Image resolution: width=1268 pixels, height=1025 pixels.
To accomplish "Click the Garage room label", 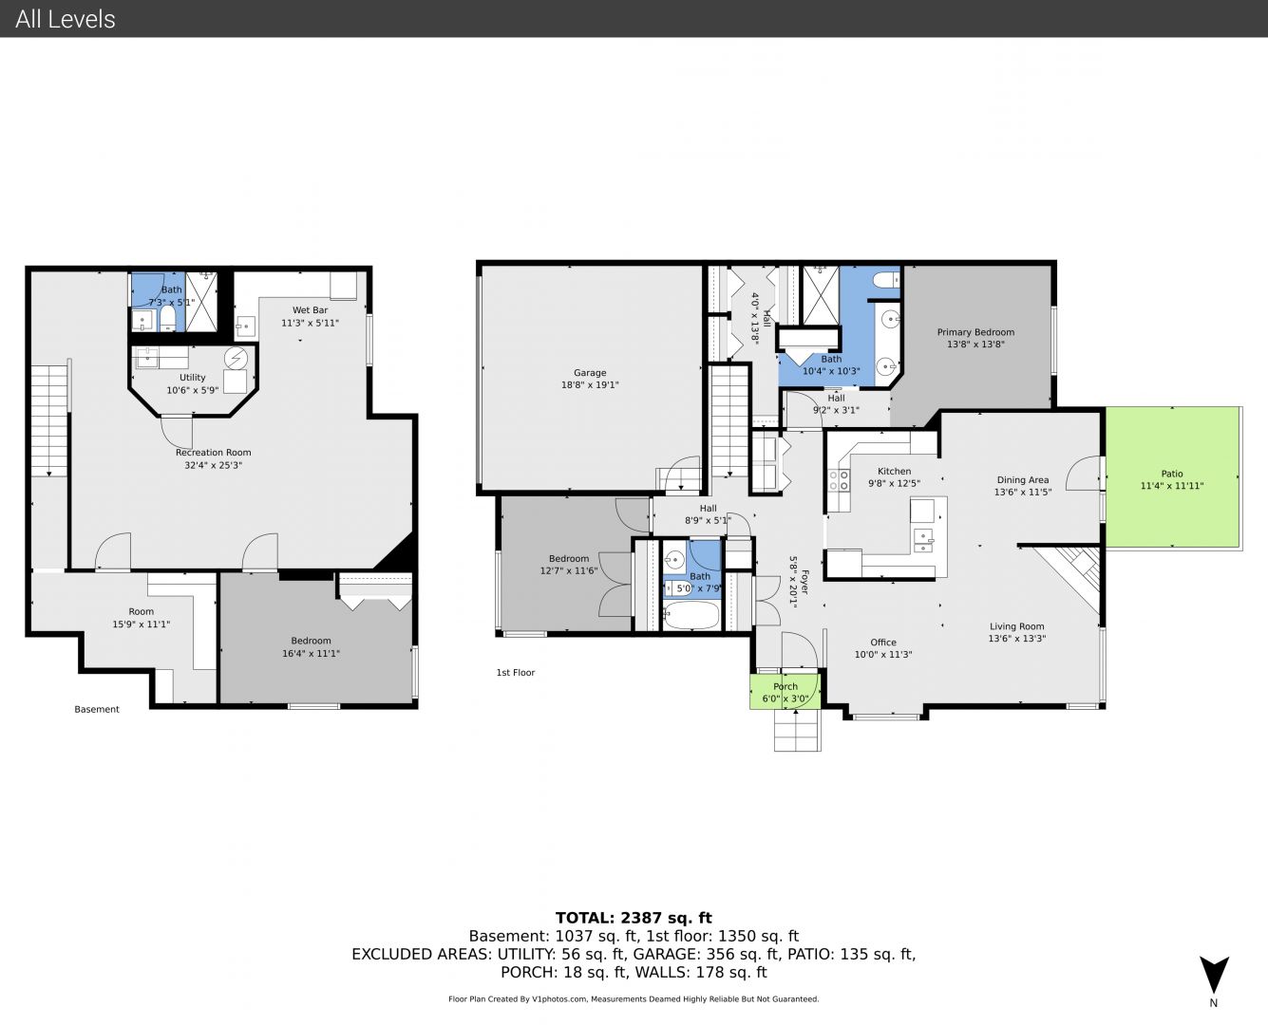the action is pos(590,373).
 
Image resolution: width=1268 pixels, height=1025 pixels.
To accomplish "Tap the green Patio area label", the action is pos(1171,474).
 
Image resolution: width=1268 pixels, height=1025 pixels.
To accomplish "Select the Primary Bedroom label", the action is pos(975,332).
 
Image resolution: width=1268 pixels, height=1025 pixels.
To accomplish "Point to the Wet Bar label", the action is pos(310,310).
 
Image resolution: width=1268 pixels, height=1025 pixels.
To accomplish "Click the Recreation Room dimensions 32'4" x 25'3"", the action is pos(213,465).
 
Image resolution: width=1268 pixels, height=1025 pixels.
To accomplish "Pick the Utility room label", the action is pos(192,378).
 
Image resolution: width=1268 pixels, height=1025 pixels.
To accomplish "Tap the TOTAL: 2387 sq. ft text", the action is pos(634,918).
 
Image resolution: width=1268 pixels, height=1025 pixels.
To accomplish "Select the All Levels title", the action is pos(65,19).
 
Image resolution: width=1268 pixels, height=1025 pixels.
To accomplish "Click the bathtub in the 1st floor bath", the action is pos(691,615).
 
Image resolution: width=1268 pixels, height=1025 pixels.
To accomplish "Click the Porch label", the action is pos(785,686).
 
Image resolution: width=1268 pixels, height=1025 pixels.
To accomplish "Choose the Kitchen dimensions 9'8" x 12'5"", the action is pos(894,484).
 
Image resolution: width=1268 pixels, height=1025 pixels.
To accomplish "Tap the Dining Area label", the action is pos(1023,480).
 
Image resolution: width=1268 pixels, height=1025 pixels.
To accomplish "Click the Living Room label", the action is pos(1017,626).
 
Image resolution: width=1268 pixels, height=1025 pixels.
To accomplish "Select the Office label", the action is pos(882,643).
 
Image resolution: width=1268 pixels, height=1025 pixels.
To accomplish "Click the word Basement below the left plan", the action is pos(97,709).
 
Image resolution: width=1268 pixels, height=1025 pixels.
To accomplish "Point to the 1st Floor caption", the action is pos(516,672).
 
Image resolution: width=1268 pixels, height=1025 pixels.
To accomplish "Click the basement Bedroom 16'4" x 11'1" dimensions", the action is pos(311,653).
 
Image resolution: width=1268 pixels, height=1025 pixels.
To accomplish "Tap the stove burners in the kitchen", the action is pos(839,480).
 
